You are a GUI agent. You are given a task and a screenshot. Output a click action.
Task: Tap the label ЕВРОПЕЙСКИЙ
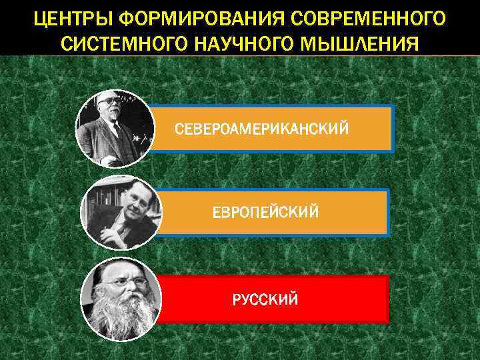pyautogui.click(x=265, y=212)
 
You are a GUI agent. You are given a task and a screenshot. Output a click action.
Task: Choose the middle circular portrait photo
pyautogui.click(x=120, y=213)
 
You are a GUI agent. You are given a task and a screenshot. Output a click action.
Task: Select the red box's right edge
pyautogui.click(x=387, y=299)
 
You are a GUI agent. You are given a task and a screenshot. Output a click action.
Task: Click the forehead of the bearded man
pyautogui.click(x=127, y=270)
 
